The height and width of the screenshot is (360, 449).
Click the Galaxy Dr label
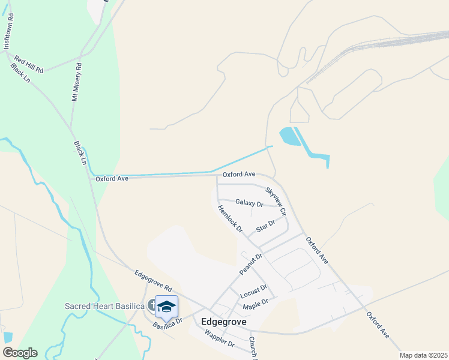click(x=249, y=203)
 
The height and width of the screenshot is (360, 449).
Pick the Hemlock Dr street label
click(x=230, y=219)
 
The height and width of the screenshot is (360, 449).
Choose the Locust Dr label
click(x=253, y=292)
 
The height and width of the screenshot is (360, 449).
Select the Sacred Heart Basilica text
click(x=104, y=307)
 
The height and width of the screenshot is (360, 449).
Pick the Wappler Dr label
click(x=218, y=338)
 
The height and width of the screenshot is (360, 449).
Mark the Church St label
click(x=253, y=349)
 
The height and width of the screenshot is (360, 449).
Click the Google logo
click(x=20, y=353)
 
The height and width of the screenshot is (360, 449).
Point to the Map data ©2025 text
click(x=423, y=355)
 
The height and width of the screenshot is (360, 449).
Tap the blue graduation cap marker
click(x=166, y=307)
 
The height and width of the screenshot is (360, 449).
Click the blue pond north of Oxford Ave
click(x=289, y=136)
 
